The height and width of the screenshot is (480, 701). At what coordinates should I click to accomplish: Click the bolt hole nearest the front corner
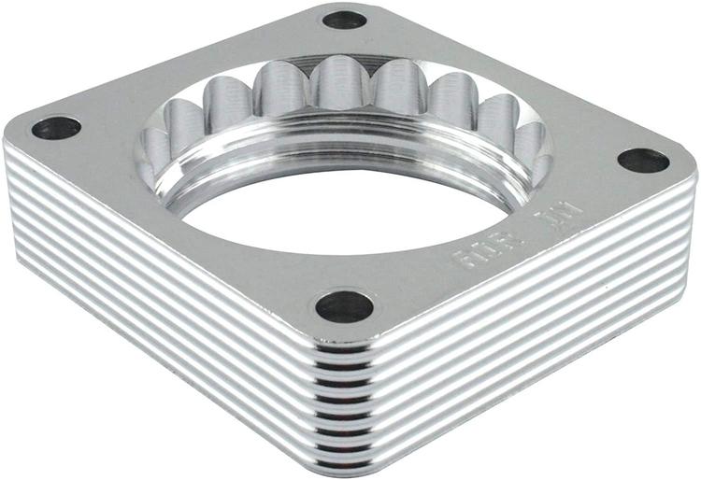pos(344,305)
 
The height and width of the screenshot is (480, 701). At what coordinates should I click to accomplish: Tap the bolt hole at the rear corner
pos(344,20)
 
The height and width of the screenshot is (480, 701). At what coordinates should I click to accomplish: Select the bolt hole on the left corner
pos(56,128)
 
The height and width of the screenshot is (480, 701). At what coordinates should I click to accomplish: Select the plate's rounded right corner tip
pos(692,168)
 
